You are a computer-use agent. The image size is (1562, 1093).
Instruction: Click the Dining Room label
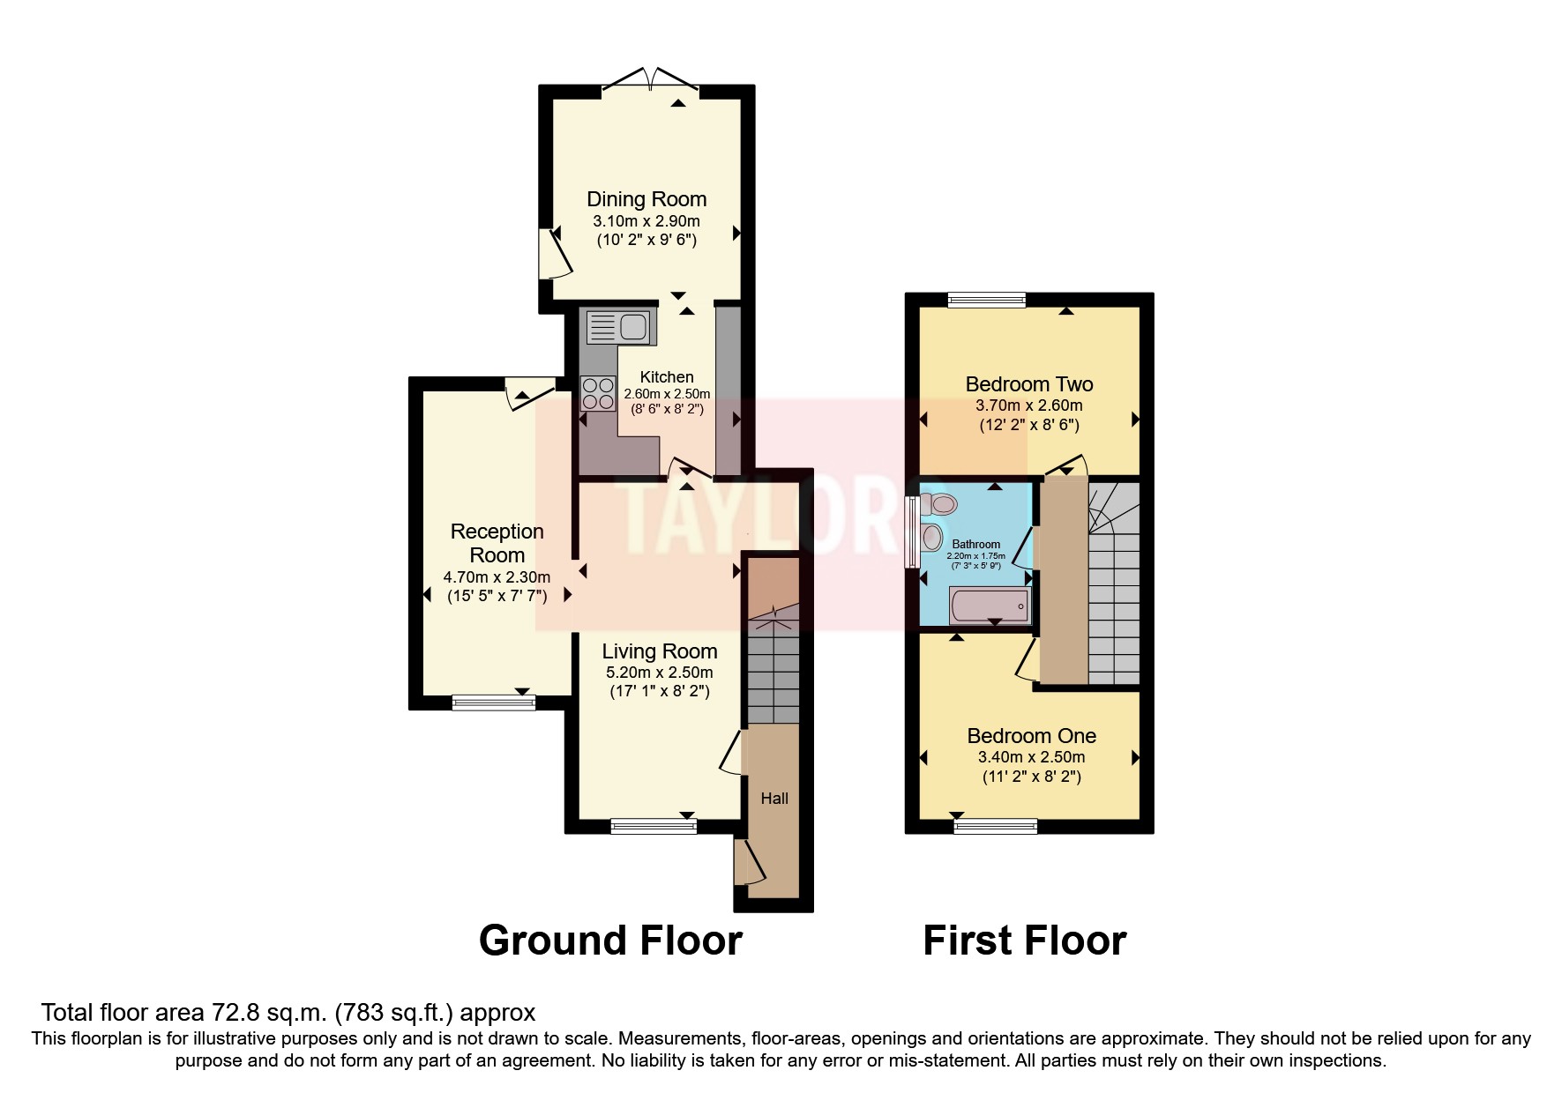(646, 199)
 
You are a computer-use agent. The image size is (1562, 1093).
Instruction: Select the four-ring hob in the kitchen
(598, 393)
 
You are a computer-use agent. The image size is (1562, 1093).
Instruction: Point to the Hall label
(774, 799)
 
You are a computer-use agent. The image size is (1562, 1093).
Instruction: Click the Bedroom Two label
(1029, 384)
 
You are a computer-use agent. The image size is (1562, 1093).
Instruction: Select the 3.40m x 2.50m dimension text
(1031, 757)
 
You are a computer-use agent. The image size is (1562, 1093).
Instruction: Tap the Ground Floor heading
(610, 941)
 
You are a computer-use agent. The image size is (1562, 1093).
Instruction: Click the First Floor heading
(1024, 941)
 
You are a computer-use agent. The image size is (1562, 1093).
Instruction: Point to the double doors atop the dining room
(650, 81)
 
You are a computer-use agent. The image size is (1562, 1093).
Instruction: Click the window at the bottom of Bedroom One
(995, 826)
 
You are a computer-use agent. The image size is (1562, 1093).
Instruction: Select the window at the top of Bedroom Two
(987, 301)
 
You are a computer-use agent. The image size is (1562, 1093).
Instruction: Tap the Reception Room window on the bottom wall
(493, 703)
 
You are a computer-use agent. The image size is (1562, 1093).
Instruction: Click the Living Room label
(659, 651)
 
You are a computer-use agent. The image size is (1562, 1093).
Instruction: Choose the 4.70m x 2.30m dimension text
(497, 577)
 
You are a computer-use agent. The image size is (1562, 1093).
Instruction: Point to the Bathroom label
(975, 544)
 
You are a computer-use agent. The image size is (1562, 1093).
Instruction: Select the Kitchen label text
(666, 377)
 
